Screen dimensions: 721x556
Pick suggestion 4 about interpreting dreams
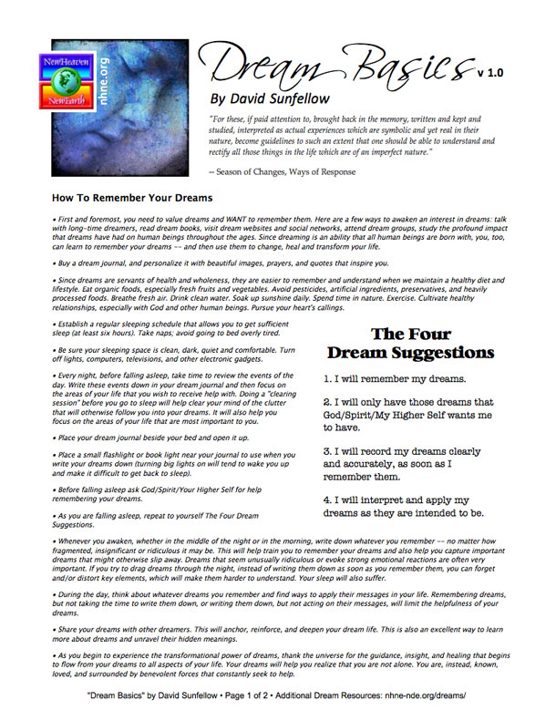[x=403, y=507]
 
